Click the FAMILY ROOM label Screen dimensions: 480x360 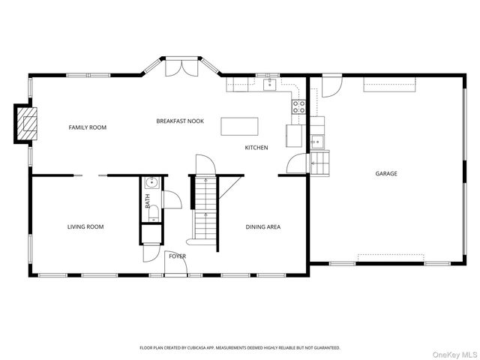click(x=88, y=127)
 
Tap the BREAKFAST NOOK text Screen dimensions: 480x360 click(x=180, y=121)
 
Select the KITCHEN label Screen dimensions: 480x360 click(x=256, y=148)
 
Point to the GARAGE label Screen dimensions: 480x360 click(x=386, y=173)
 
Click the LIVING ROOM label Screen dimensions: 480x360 click(x=85, y=226)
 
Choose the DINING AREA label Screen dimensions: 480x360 click(x=263, y=226)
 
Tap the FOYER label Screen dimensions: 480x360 click(x=178, y=256)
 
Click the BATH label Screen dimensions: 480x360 click(x=148, y=201)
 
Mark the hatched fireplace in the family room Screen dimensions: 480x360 click(x=27, y=123)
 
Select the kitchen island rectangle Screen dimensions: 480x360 click(x=239, y=126)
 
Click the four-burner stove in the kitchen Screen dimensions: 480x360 click(x=298, y=106)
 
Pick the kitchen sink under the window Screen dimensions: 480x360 click(x=270, y=85)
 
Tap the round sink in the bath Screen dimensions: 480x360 click(x=151, y=183)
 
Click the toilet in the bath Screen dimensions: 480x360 click(x=153, y=213)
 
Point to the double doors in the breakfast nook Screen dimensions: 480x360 click(x=181, y=68)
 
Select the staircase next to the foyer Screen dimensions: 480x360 click(x=205, y=208)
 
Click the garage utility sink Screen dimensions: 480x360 click(x=316, y=142)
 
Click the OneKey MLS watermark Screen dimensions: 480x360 click(x=455, y=355)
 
